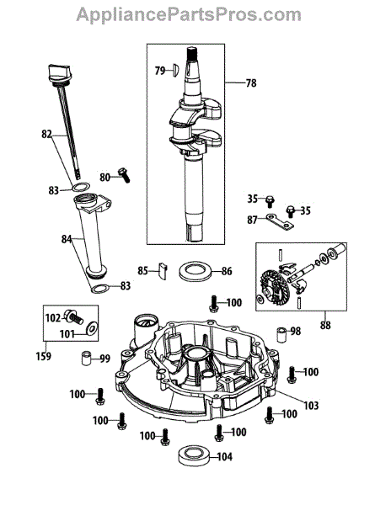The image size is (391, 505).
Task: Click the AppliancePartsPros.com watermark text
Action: click(189, 14)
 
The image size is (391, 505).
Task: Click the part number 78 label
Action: click(251, 83)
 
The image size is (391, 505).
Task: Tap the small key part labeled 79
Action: click(174, 70)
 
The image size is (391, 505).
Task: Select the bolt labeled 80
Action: click(124, 175)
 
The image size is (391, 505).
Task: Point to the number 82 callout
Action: click(46, 134)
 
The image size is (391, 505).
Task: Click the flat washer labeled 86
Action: click(195, 271)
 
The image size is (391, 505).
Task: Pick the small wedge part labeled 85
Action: click(163, 270)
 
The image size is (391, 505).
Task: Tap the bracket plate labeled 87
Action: click(280, 222)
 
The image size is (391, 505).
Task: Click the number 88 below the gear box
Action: click(325, 325)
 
